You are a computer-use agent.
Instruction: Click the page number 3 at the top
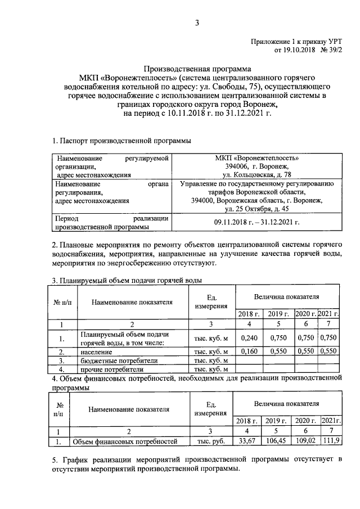pos(196,23)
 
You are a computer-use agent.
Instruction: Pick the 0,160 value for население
pos(249,350)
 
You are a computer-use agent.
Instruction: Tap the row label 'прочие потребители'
pos(111,369)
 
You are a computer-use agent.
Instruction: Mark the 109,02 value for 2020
pos(307,442)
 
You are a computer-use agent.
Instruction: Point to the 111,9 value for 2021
pos(330,442)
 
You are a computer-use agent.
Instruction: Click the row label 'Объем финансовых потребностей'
pos(129,442)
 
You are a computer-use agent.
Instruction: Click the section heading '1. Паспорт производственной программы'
pos(121,140)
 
